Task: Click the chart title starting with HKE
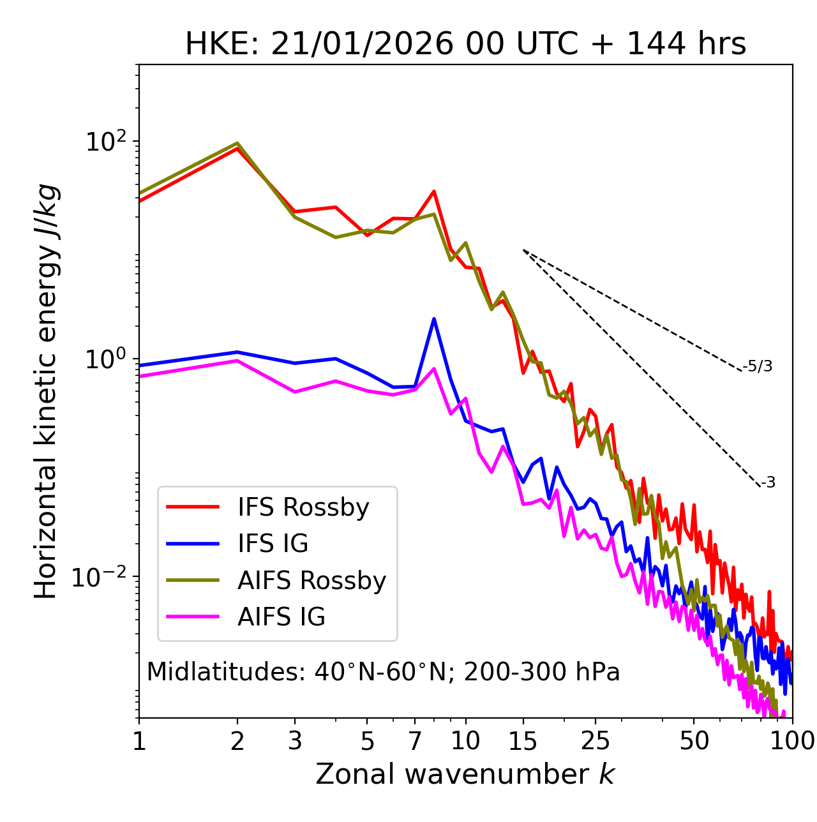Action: [465, 44]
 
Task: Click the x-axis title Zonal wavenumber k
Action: [465, 774]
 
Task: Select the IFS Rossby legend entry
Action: [303, 507]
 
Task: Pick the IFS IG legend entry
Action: [273, 544]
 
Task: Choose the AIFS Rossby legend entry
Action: [311, 581]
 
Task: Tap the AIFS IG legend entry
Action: [281, 617]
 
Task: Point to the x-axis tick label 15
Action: [523, 741]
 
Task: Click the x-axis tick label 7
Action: [415, 741]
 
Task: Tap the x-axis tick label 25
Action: [596, 741]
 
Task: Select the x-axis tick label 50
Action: [694, 741]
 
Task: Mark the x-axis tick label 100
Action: [791, 741]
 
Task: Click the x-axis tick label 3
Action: [294, 741]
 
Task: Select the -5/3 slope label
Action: [758, 366]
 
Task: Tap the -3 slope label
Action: [768, 483]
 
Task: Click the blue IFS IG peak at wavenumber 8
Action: [434, 318]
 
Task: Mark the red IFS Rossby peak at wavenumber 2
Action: [237, 148]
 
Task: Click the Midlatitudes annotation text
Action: [383, 672]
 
